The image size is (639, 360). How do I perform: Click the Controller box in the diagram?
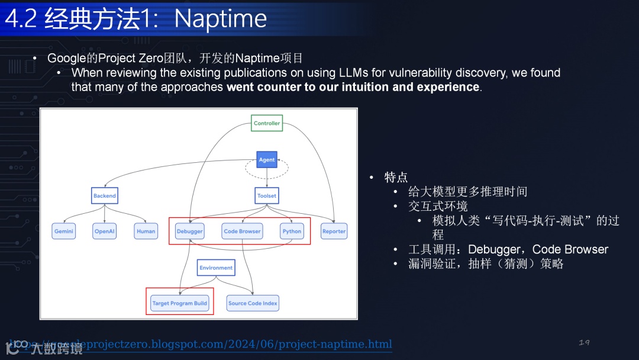[267, 123]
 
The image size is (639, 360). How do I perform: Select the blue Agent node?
[267, 160]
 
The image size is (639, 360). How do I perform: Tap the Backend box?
[105, 196]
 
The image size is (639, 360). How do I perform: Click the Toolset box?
[267, 196]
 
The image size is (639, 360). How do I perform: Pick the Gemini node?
[64, 232]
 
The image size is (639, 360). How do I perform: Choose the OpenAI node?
[105, 232]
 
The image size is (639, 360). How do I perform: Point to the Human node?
[146, 232]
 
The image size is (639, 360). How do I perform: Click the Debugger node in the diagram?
[190, 232]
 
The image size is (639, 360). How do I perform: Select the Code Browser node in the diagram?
[242, 232]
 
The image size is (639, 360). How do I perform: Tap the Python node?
[292, 232]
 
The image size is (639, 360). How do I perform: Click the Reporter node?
[334, 232]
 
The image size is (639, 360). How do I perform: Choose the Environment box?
[216, 268]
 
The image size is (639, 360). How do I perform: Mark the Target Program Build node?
[180, 303]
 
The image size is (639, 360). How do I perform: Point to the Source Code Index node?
[253, 303]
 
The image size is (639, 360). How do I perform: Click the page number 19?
[584, 343]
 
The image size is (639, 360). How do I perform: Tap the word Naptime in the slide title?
[221, 19]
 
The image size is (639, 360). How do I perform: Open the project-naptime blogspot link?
[237, 345]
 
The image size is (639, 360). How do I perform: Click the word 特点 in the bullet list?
[396, 178]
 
